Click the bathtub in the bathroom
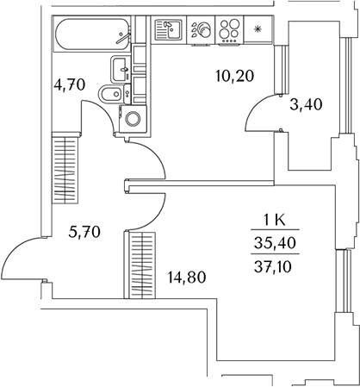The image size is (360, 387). (x=92, y=34)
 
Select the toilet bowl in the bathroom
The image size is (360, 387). (x=115, y=94)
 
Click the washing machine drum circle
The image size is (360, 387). (x=133, y=119)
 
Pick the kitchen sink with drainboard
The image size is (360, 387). (x=169, y=29)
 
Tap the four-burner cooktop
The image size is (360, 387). (x=229, y=29)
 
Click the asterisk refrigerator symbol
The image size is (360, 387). (x=258, y=28)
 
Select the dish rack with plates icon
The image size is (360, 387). (x=201, y=29)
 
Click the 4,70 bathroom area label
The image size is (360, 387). (x=70, y=85)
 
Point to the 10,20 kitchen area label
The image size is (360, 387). (x=234, y=76)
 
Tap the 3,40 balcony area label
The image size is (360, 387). (x=306, y=104)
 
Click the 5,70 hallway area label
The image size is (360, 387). (x=84, y=232)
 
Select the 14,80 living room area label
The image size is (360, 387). (x=187, y=278)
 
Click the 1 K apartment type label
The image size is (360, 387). (x=275, y=221)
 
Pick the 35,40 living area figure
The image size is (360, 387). (x=275, y=243)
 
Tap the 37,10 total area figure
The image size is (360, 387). (x=273, y=267)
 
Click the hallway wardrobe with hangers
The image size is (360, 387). (x=65, y=168)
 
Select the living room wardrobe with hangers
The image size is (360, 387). (x=140, y=265)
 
